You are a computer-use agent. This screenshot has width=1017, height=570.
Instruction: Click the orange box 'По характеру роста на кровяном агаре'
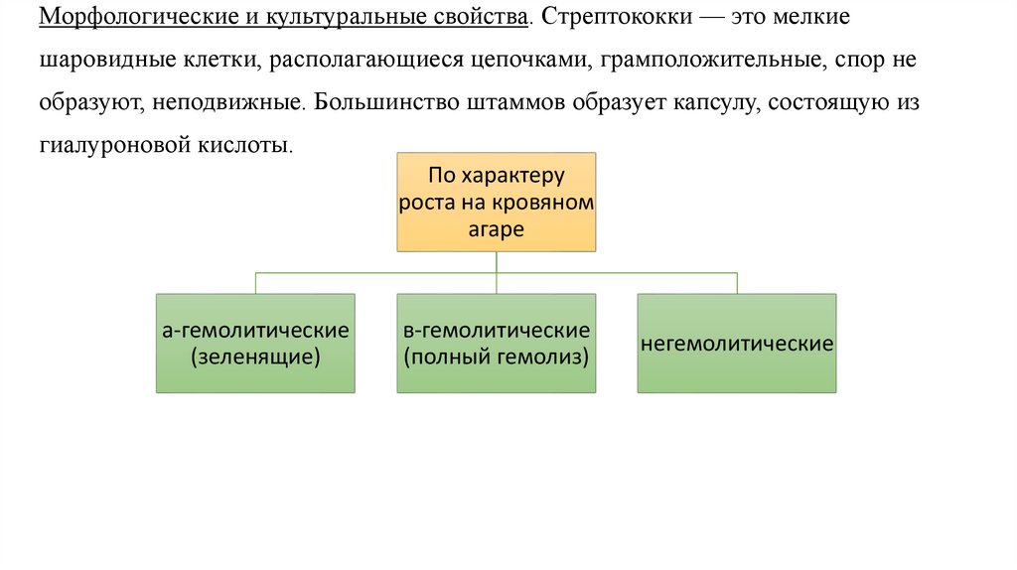pyautogui.click(x=497, y=202)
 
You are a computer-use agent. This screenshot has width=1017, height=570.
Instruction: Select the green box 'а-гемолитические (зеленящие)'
pyautogui.click(x=255, y=343)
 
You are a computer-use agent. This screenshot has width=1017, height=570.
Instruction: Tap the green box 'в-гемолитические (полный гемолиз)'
pyautogui.click(x=497, y=343)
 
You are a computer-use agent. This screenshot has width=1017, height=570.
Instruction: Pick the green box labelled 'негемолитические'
pyautogui.click(x=736, y=344)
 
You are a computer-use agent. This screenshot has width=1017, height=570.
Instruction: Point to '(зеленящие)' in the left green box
pyautogui.click(x=255, y=356)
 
